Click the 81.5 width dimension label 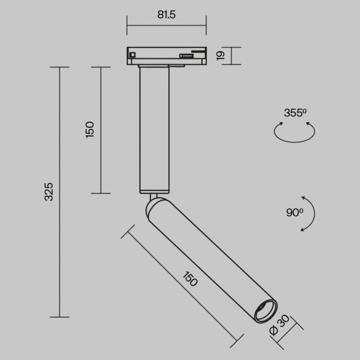coord(166,15)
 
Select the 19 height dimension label coord(221,56)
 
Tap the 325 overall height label coord(49,192)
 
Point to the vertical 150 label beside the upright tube coord(90,130)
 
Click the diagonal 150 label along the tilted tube coord(190,279)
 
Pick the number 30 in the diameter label coord(283,321)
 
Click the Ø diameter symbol coord(274,330)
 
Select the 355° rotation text coord(295,113)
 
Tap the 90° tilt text coord(294,213)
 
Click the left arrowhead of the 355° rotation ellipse coord(281,124)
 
